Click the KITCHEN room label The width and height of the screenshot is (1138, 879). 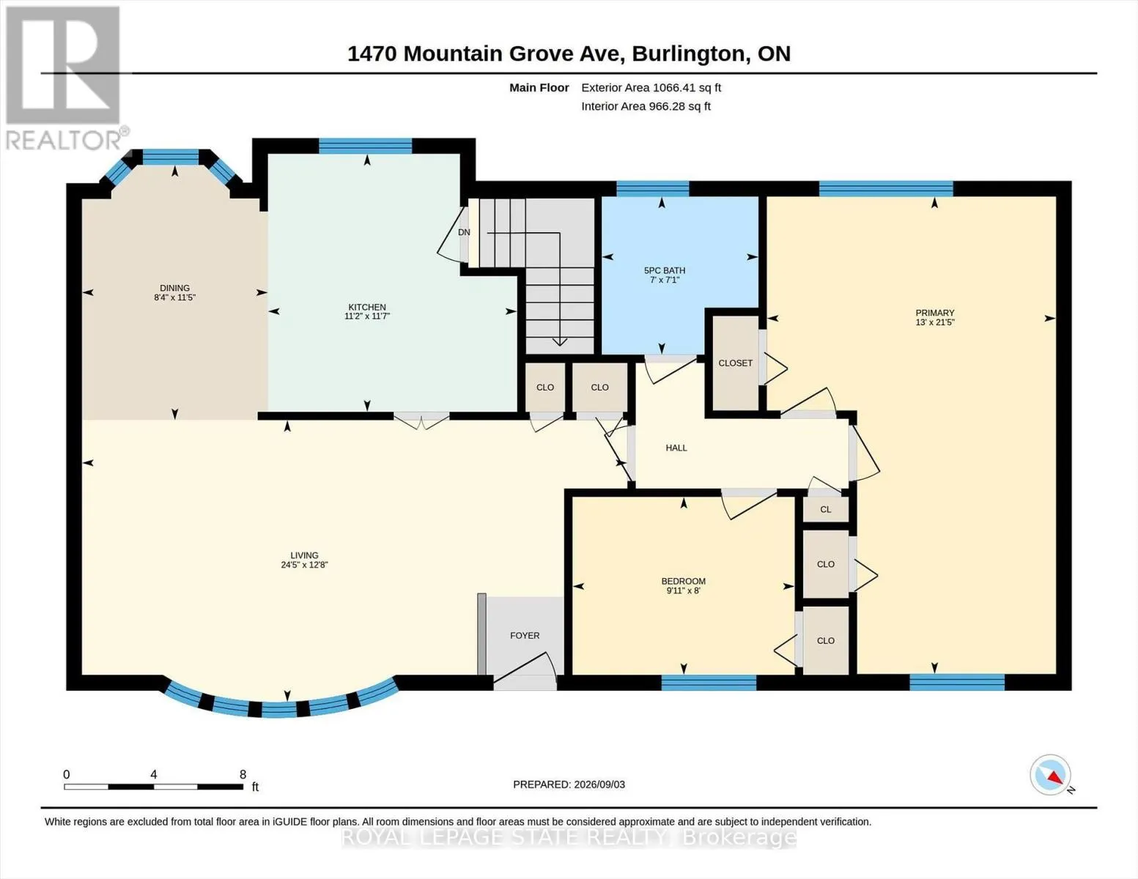point(367,308)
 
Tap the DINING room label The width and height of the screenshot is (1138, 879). point(175,288)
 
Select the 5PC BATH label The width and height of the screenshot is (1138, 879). point(665,271)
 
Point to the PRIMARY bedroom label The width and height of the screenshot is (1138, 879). point(935,313)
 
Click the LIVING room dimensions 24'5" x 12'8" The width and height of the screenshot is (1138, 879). point(304,565)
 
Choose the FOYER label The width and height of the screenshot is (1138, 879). point(525,636)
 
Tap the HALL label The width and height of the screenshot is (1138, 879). point(676,448)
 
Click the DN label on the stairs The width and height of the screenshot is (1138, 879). point(464,232)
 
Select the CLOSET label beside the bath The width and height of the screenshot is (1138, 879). point(735,363)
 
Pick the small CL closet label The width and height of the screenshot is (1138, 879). point(826,509)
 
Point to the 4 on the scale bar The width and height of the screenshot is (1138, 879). point(153,774)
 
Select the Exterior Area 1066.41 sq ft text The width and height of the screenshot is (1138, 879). point(651,88)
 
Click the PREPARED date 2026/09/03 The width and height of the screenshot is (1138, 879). point(599,785)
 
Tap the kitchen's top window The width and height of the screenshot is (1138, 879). point(366,146)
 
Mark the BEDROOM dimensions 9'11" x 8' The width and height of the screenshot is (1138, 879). point(684,590)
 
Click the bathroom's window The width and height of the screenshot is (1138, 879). point(652,188)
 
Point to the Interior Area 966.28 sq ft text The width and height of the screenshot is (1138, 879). point(646,106)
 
